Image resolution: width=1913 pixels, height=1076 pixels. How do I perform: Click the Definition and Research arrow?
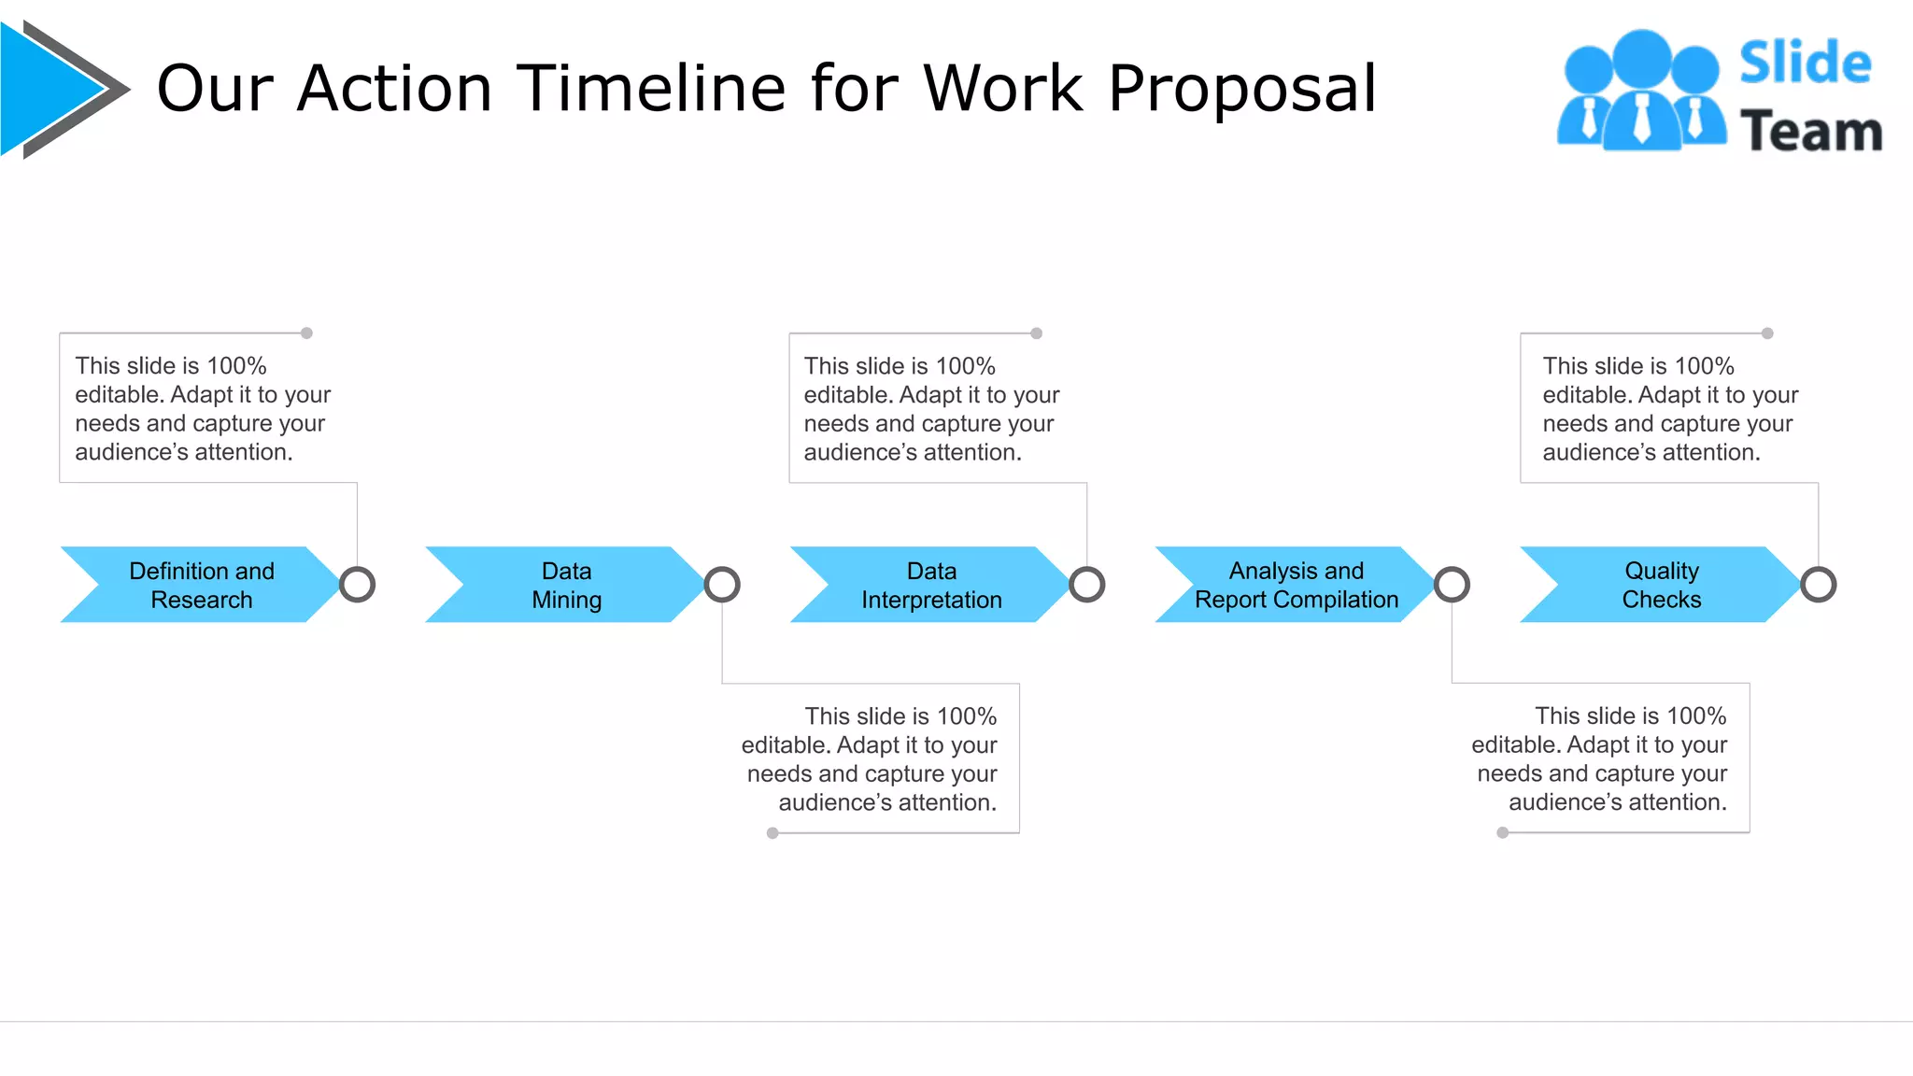[201, 585]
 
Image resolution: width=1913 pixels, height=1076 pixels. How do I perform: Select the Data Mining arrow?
[566, 585]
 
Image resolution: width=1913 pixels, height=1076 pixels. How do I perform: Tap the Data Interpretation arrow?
[931, 585]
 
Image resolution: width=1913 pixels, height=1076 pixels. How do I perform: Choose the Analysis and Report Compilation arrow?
[1297, 585]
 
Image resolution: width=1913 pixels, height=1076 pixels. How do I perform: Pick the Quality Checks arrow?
[1662, 585]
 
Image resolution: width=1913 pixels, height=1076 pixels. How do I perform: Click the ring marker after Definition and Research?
[357, 585]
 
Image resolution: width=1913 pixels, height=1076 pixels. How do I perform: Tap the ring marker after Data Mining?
[722, 585]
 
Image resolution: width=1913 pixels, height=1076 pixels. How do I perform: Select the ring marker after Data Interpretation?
[1087, 585]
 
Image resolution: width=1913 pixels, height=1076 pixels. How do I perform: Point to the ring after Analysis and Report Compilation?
[1452, 585]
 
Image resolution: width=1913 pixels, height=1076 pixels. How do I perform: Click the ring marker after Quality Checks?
[1818, 585]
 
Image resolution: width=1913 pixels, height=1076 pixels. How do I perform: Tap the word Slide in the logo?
[1805, 64]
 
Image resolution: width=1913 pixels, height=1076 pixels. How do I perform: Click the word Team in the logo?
[1810, 131]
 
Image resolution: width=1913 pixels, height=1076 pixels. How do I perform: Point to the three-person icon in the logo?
[1641, 92]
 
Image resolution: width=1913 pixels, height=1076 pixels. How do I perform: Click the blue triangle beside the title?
[47, 89]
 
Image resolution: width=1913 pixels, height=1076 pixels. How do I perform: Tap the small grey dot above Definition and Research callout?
[306, 333]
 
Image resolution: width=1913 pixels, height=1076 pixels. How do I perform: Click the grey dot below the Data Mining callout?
[772, 833]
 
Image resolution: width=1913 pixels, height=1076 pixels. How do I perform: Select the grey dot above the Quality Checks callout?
[1767, 333]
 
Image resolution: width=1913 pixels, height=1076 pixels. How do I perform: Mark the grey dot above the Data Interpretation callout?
[1036, 333]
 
